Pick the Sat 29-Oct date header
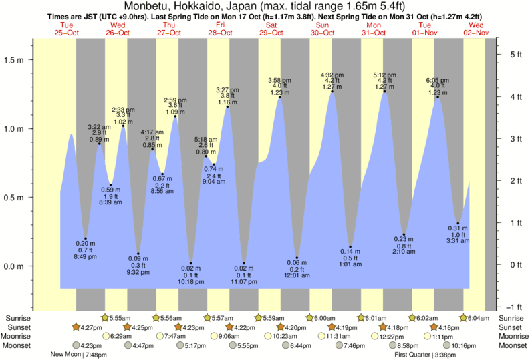pyautogui.click(x=271, y=29)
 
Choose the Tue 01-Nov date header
pyautogui.click(x=425, y=29)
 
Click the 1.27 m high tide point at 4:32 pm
pyautogui.click(x=332, y=91)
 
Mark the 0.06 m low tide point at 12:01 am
pyautogui.click(x=297, y=258)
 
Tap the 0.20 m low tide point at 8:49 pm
pyautogui.click(x=86, y=238)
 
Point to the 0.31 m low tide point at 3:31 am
pyautogui.click(x=458, y=223)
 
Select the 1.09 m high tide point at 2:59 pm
pyautogui.click(x=176, y=116)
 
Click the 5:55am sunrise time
pyautogui.click(x=121, y=318)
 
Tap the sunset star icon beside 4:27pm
pyautogui.click(x=78, y=327)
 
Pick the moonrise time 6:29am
pyautogui.click(x=122, y=336)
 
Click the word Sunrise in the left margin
pyautogui.click(x=18, y=318)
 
